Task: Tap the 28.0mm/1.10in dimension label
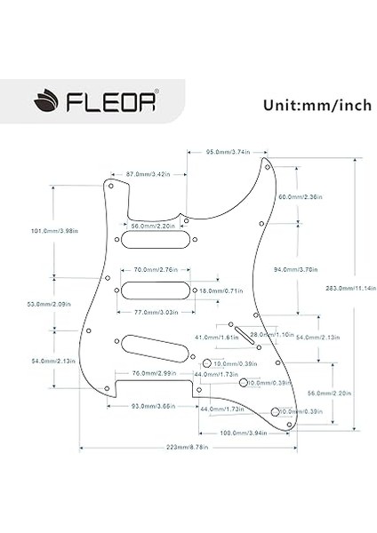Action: click(270, 334)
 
